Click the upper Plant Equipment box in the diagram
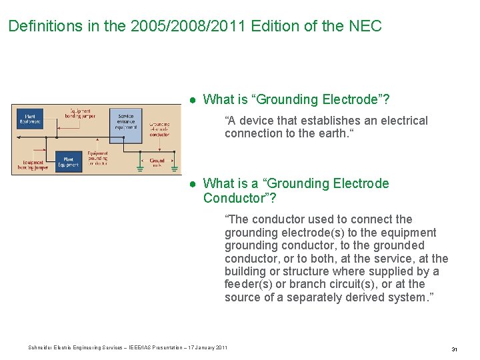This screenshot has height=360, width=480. point(30,119)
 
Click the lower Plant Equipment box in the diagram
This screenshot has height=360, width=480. point(68,161)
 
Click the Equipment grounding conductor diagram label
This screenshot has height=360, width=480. point(97,158)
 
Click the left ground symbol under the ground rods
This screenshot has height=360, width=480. point(141,168)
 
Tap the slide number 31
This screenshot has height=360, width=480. point(454,349)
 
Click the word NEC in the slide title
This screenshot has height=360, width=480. point(365,26)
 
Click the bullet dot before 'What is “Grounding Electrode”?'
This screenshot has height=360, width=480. point(191,100)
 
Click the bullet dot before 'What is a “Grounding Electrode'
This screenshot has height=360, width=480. point(191,184)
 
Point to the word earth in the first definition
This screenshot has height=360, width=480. point(331,133)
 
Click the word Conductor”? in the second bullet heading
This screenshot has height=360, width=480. point(239,198)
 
